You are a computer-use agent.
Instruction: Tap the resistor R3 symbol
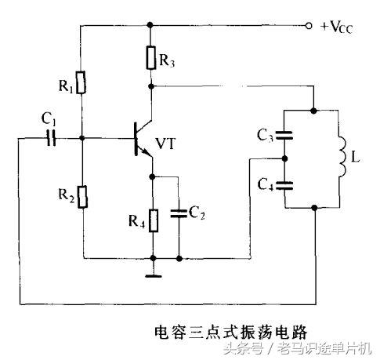pos(151,56)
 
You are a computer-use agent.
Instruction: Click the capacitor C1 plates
pos(52,139)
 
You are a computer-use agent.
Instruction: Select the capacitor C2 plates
pos(179,211)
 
